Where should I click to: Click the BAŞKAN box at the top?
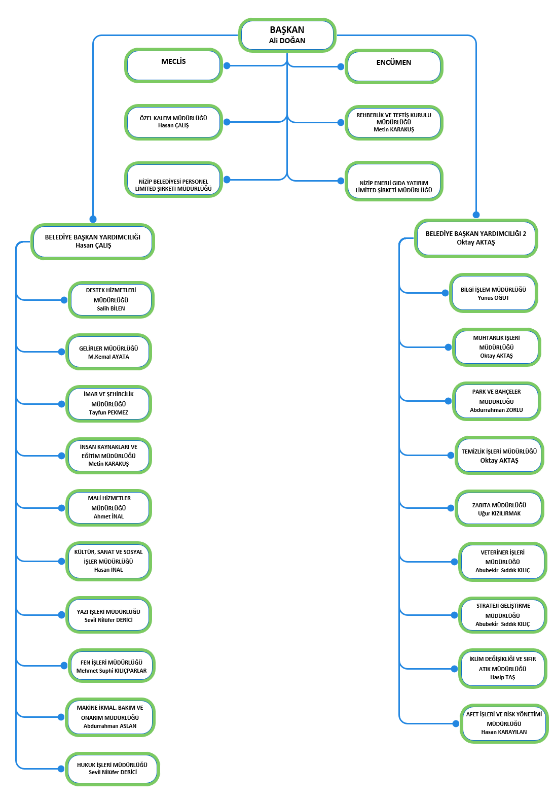(x=287, y=35)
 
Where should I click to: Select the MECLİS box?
(x=174, y=65)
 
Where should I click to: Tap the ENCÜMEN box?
(x=394, y=66)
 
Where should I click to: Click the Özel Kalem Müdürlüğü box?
(x=174, y=122)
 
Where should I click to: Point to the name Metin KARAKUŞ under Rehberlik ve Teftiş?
(x=394, y=129)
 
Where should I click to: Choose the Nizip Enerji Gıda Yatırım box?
(x=394, y=181)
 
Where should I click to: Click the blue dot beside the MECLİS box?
(x=227, y=65)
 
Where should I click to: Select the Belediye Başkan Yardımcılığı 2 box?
(x=476, y=238)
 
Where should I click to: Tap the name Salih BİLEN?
(x=111, y=308)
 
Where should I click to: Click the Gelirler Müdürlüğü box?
(x=109, y=352)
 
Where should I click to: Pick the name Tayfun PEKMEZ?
(x=108, y=413)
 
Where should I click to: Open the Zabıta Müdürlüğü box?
(x=499, y=508)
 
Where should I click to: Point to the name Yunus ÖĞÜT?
(x=493, y=298)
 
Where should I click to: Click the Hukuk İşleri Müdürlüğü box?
(x=113, y=769)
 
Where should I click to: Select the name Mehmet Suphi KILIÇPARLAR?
(x=112, y=671)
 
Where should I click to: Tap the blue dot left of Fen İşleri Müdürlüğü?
(x=64, y=666)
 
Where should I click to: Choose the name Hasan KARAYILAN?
(x=504, y=733)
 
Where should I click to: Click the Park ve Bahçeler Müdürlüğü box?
(x=497, y=401)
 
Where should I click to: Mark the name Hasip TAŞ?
(x=502, y=677)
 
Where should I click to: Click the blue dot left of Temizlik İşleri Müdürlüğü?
(x=451, y=455)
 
